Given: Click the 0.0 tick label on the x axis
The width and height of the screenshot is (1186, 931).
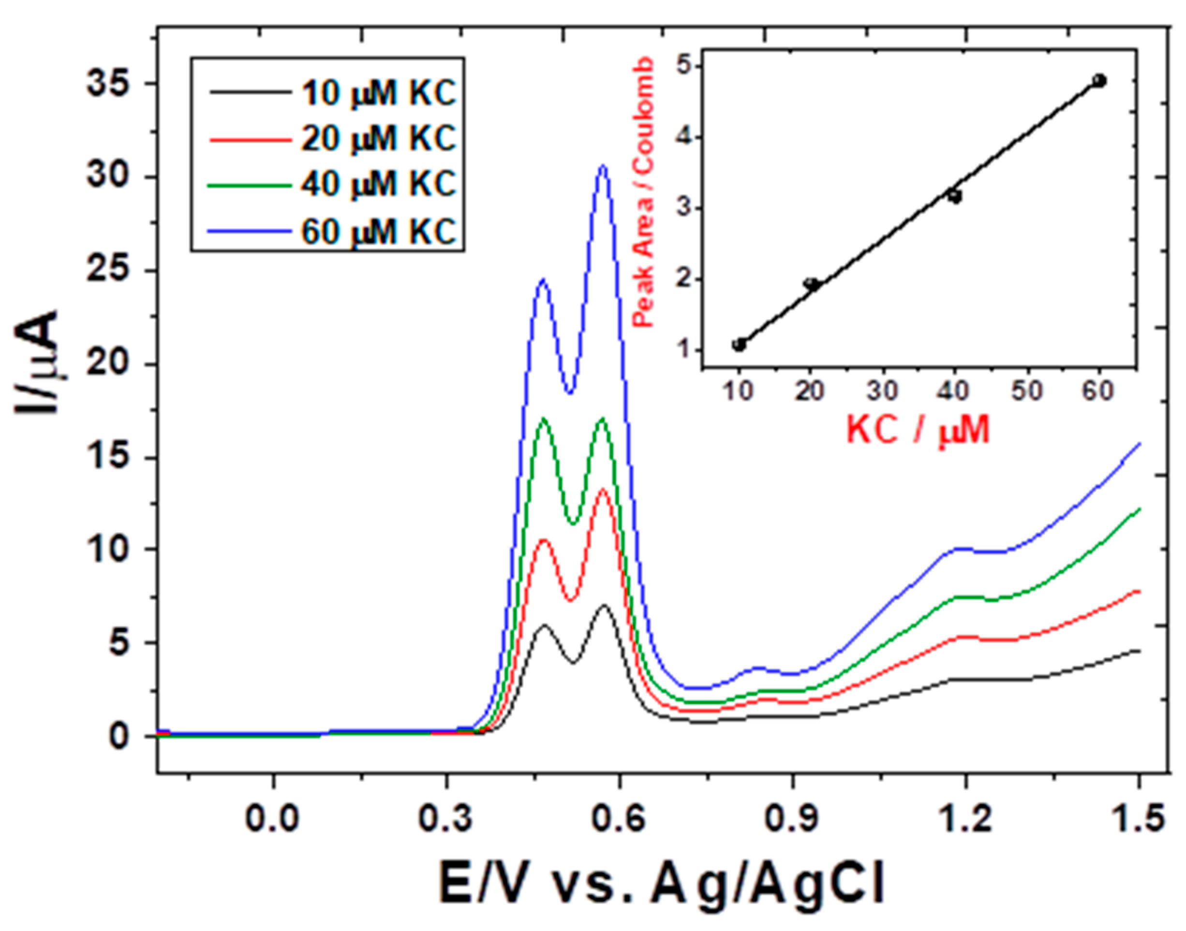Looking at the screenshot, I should point(273,821).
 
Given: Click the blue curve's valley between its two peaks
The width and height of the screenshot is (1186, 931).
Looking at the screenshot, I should point(570,392).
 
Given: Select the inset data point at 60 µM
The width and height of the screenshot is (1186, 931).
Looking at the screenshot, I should point(1099,81).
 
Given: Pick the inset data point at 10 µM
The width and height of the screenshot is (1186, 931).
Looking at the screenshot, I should point(739,345).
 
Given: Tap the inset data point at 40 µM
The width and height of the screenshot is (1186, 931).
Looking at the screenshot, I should point(954,196).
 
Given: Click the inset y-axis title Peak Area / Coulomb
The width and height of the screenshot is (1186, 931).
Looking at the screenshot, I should point(644,193).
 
